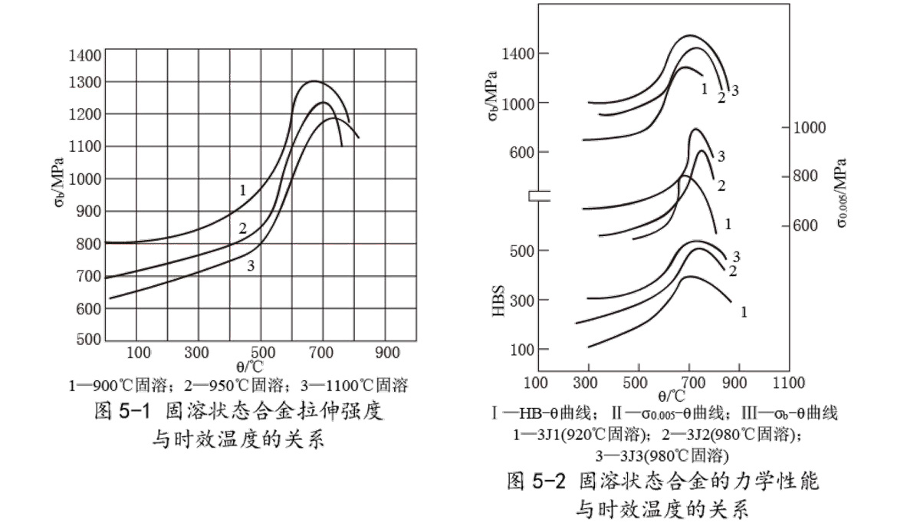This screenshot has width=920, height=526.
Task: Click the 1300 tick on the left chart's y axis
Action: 84,82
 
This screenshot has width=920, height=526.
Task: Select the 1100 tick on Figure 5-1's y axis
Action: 84,146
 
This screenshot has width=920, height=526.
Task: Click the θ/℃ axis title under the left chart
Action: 249,367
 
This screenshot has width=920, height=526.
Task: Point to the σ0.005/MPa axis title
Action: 842,192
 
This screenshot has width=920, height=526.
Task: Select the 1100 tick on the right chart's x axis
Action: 789,382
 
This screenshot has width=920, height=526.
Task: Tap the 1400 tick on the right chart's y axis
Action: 513,54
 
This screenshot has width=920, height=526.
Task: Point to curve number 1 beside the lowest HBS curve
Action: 743,312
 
